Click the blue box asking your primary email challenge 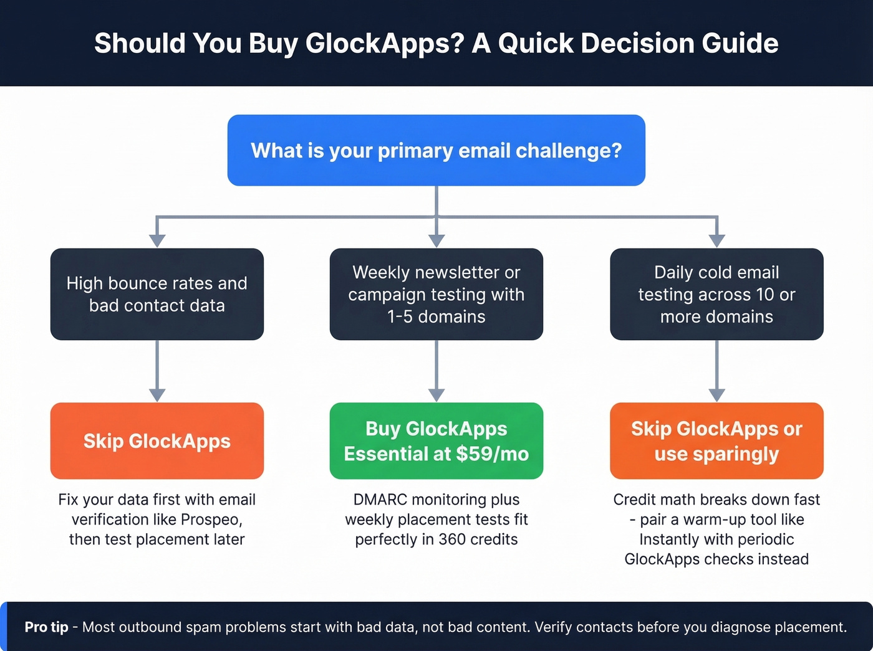pos(436,150)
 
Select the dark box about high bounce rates pos(157,294)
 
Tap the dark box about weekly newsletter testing pos(436,294)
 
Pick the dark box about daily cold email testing pos(716,294)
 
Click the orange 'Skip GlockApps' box pos(157,441)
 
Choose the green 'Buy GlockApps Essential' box pos(436,441)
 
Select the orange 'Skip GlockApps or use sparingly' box pos(716,441)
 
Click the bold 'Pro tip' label pos(46,627)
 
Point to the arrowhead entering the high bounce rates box pos(157,240)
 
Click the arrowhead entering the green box pos(436,395)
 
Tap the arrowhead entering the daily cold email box pos(716,240)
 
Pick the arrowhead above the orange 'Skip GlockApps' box pos(157,395)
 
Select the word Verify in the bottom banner pos(553,627)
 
